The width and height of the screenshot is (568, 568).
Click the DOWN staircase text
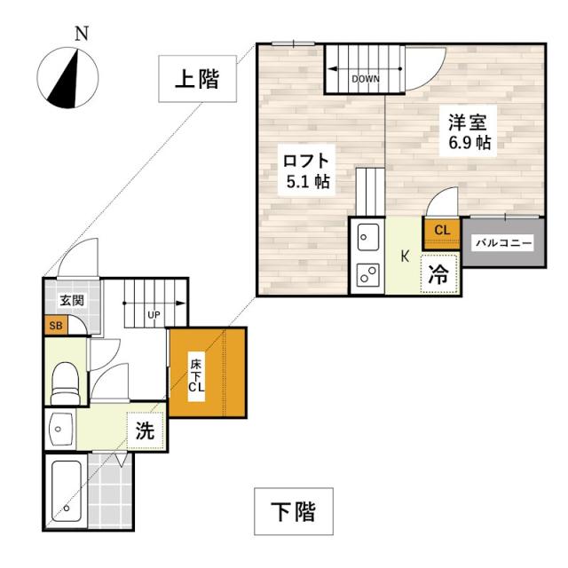(366, 79)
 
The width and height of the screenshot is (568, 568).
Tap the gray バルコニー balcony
(502, 241)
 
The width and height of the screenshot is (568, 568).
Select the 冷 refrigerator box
(439, 273)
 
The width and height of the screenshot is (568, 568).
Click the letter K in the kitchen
(404, 257)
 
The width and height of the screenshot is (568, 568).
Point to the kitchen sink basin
(367, 238)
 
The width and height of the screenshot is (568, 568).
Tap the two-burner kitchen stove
(367, 275)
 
